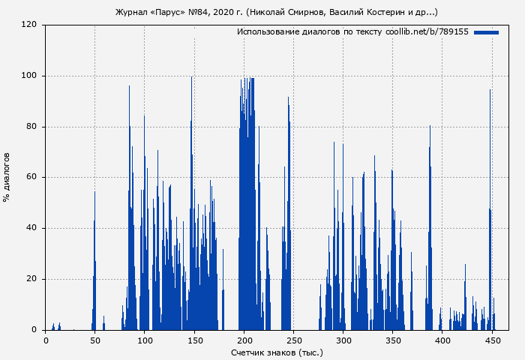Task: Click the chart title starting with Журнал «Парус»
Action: click(x=277, y=13)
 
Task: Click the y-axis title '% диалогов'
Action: click(x=7, y=177)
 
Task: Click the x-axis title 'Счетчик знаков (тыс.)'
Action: click(x=277, y=352)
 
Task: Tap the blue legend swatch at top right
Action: click(x=486, y=32)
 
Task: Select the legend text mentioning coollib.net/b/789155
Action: click(x=352, y=32)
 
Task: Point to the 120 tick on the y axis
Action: click(x=29, y=25)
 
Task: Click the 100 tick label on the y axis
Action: click(x=29, y=76)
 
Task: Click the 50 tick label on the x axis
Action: click(x=95, y=340)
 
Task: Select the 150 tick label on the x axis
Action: click(x=194, y=340)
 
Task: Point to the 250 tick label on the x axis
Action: click(x=293, y=340)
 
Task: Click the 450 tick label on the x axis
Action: click(x=492, y=340)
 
